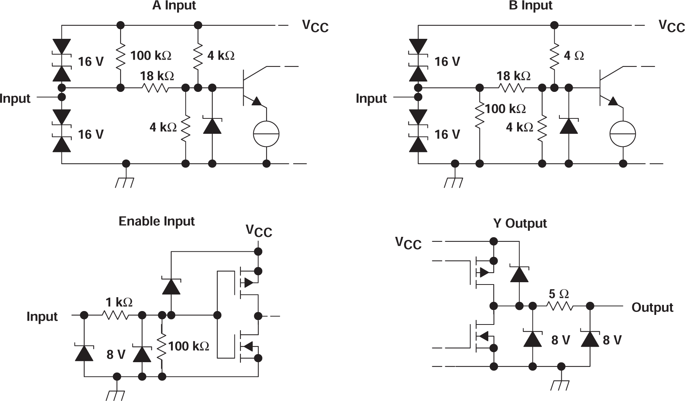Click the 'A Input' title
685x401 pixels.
pyautogui.click(x=174, y=5)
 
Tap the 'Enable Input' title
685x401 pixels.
pyautogui.click(x=156, y=221)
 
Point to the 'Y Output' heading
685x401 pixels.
pyautogui.click(x=519, y=223)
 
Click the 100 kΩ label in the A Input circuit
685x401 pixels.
pyautogui.click(x=151, y=56)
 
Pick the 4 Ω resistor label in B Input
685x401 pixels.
pyautogui.click(x=574, y=56)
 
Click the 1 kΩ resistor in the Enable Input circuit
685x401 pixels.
pyautogui.click(x=115, y=315)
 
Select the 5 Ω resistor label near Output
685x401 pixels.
pyautogui.click(x=559, y=294)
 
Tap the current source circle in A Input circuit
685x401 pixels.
pyautogui.click(x=266, y=134)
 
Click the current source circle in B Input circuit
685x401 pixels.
pyautogui.click(x=623, y=134)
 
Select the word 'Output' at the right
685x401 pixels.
pyautogui.click(x=652, y=308)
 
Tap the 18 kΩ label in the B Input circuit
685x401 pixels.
pyautogui.click(x=513, y=76)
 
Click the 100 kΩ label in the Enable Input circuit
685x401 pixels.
pyautogui.click(x=189, y=346)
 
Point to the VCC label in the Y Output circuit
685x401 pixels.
pyautogui.click(x=408, y=243)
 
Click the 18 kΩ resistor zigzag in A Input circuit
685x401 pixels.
pyautogui.click(x=155, y=88)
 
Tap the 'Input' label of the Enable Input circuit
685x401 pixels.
pyautogui.click(x=42, y=316)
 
